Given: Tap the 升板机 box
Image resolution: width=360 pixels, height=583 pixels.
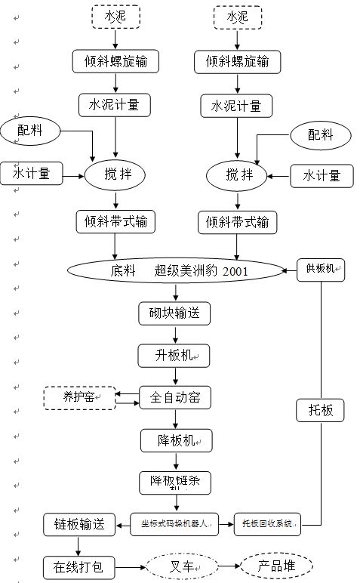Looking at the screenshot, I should click(x=174, y=355).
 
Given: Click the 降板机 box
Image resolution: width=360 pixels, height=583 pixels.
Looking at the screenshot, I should click(x=176, y=440).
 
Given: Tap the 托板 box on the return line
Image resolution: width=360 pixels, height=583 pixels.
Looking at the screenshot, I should click(x=323, y=410).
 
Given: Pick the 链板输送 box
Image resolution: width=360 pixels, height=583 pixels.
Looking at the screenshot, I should click(x=78, y=523).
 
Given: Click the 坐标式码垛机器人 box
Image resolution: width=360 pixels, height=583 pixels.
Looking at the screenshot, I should click(x=174, y=523).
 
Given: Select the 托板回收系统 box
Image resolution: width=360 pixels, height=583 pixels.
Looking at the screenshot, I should click(x=269, y=523).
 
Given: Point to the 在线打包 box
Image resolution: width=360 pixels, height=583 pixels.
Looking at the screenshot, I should click(x=78, y=565).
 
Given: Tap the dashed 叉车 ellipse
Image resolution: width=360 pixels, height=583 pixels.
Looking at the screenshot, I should click(x=181, y=565).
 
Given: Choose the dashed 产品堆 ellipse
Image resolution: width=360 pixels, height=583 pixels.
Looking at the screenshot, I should click(x=275, y=565).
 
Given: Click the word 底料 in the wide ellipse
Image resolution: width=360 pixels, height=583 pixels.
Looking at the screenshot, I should click(x=122, y=270).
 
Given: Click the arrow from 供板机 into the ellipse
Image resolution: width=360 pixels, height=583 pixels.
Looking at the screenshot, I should click(x=291, y=269).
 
